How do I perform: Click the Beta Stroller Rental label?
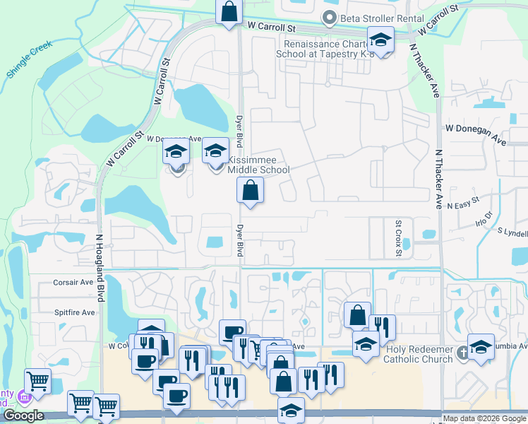(x=382, y=18)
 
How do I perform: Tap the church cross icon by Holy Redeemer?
(x=462, y=352)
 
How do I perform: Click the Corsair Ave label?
(x=73, y=282)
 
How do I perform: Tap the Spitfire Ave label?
(x=74, y=312)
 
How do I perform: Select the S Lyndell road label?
(x=512, y=232)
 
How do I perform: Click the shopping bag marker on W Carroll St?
(x=229, y=12)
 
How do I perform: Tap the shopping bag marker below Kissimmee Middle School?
(x=250, y=190)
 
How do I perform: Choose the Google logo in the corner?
(x=23, y=416)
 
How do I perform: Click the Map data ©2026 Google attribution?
(x=484, y=418)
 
